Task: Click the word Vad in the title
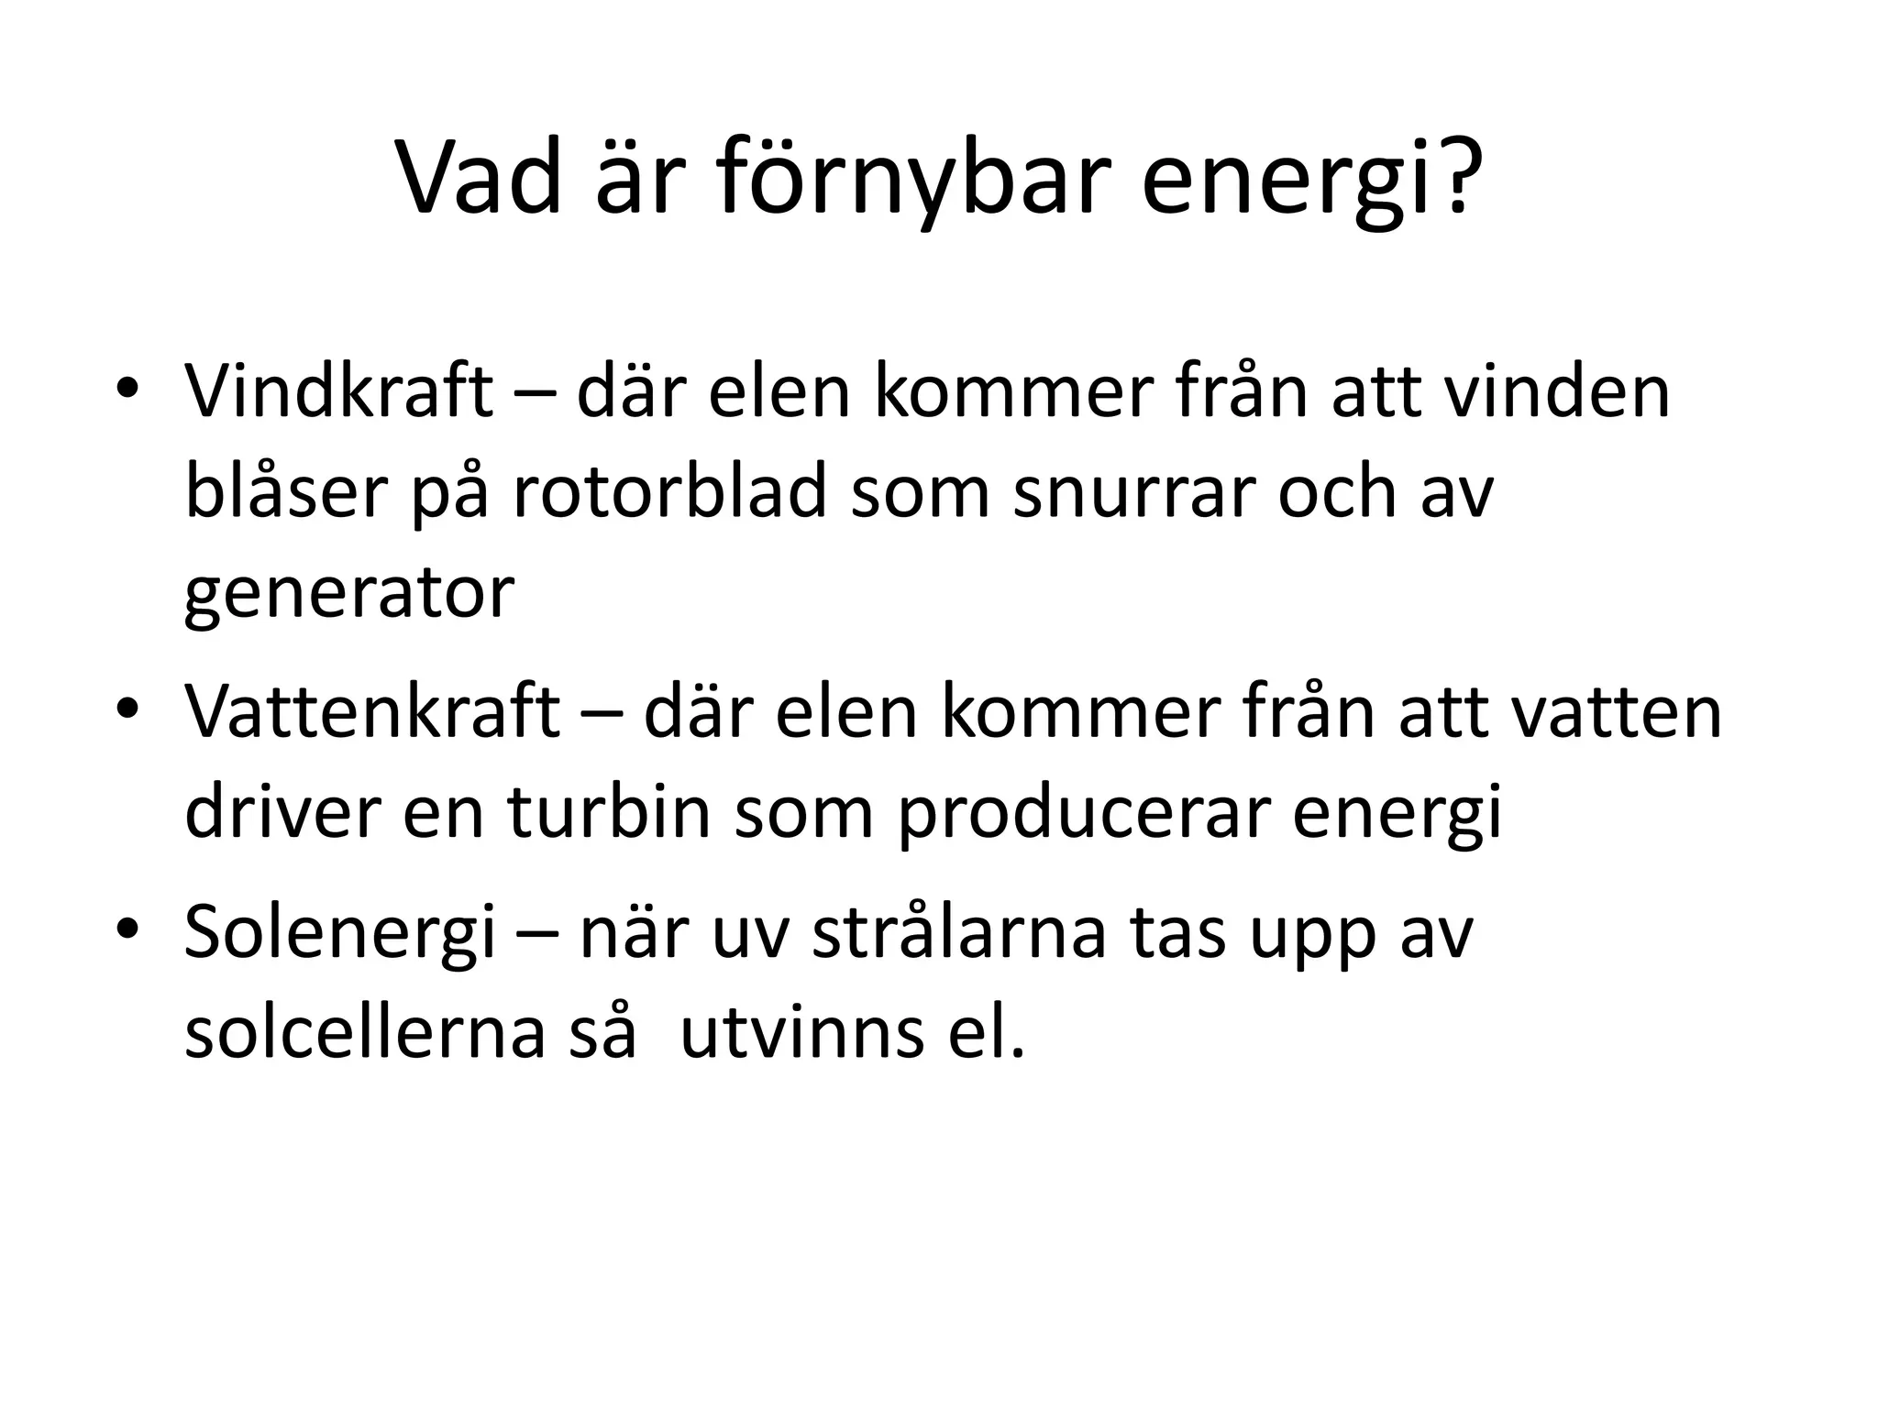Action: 479,178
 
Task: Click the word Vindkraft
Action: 337,392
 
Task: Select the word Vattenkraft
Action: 371,711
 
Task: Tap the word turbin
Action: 609,812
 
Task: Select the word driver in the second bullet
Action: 282,812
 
